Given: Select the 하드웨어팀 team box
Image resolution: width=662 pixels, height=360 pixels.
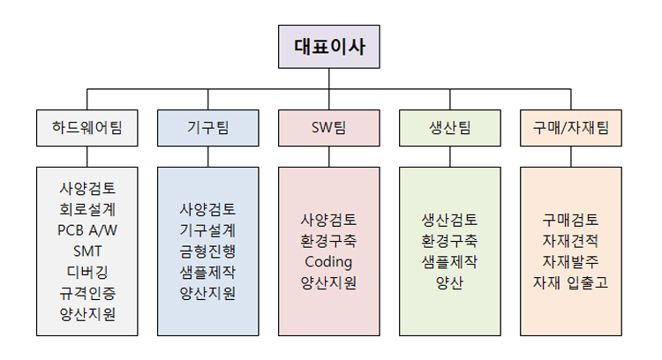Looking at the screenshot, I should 87,128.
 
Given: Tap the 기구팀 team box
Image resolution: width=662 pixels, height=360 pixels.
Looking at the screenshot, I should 207,128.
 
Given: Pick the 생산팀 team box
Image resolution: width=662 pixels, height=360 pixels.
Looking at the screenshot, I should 450,128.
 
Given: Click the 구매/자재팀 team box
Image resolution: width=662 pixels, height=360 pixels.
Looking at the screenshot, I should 571,128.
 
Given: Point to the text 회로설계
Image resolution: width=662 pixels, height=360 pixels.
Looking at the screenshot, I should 87,209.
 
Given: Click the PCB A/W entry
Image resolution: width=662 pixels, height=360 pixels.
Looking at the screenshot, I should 87,229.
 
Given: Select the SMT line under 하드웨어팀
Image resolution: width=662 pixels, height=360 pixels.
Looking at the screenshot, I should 87,250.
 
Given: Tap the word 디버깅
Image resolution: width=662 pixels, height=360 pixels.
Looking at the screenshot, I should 87,271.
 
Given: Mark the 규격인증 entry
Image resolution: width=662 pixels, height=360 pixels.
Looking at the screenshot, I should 87,291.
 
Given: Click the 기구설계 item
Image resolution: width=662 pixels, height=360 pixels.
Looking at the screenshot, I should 207,229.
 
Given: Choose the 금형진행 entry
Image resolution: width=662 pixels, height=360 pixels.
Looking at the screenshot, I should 207,250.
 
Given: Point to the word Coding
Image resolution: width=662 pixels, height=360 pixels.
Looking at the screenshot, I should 328,261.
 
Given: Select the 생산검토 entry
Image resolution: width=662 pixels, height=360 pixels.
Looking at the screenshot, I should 450,219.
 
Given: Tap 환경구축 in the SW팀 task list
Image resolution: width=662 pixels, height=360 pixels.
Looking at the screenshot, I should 328,240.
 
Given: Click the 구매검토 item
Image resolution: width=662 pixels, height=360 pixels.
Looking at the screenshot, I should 571,219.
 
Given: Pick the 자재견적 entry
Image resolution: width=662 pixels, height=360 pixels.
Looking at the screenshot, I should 571,240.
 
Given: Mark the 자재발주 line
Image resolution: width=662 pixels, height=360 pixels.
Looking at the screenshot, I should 571,261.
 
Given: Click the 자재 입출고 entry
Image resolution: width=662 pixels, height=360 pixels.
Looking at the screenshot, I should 571,282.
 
